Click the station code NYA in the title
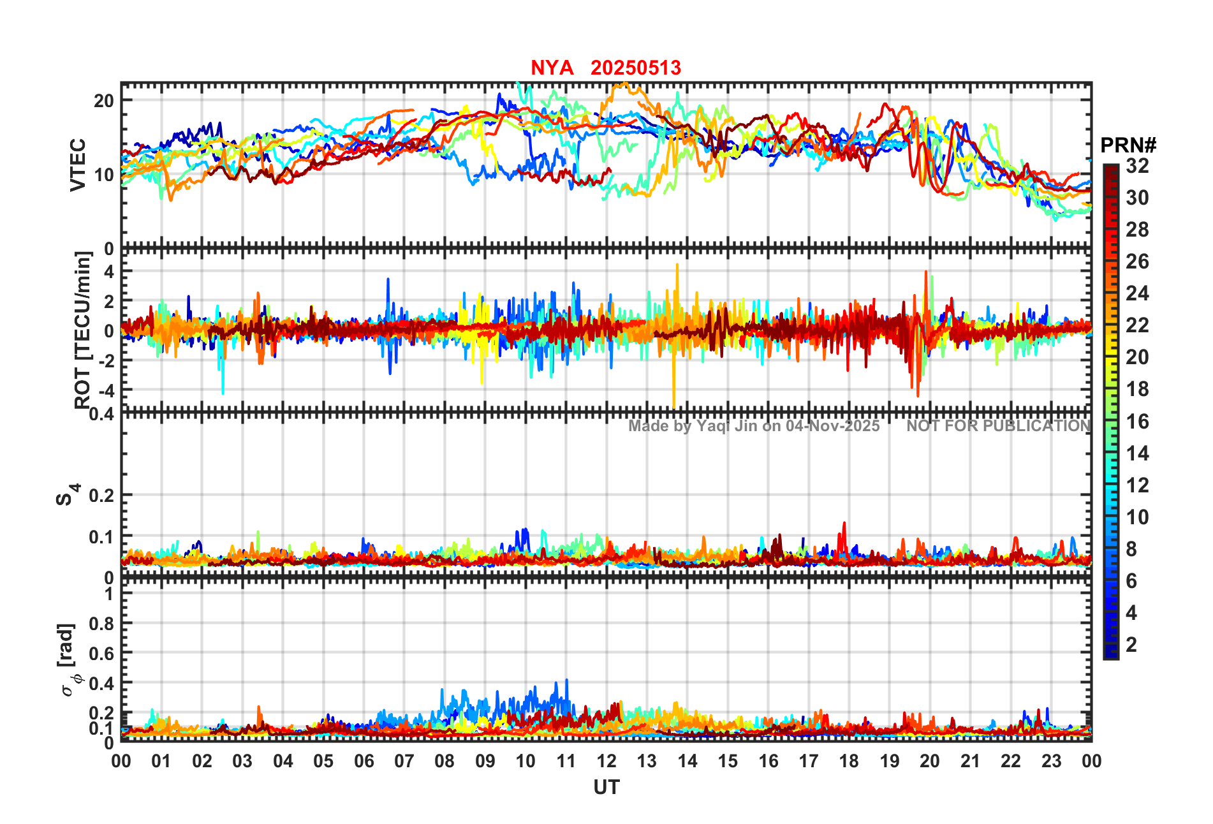[552, 68]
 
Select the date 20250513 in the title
[635, 68]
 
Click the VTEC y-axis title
[78, 165]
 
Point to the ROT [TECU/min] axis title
[82, 330]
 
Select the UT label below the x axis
[606, 788]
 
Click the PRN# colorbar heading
[1128, 145]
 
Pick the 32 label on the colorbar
[1137, 166]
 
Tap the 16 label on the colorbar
[1137, 422]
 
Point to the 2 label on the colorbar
[1131, 645]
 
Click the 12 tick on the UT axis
[606, 761]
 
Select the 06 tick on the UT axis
[364, 761]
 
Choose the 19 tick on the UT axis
[889, 761]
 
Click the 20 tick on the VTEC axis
[104, 101]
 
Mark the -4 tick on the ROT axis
[103, 390]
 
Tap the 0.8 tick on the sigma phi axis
[101, 624]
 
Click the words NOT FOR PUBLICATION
[998, 426]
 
